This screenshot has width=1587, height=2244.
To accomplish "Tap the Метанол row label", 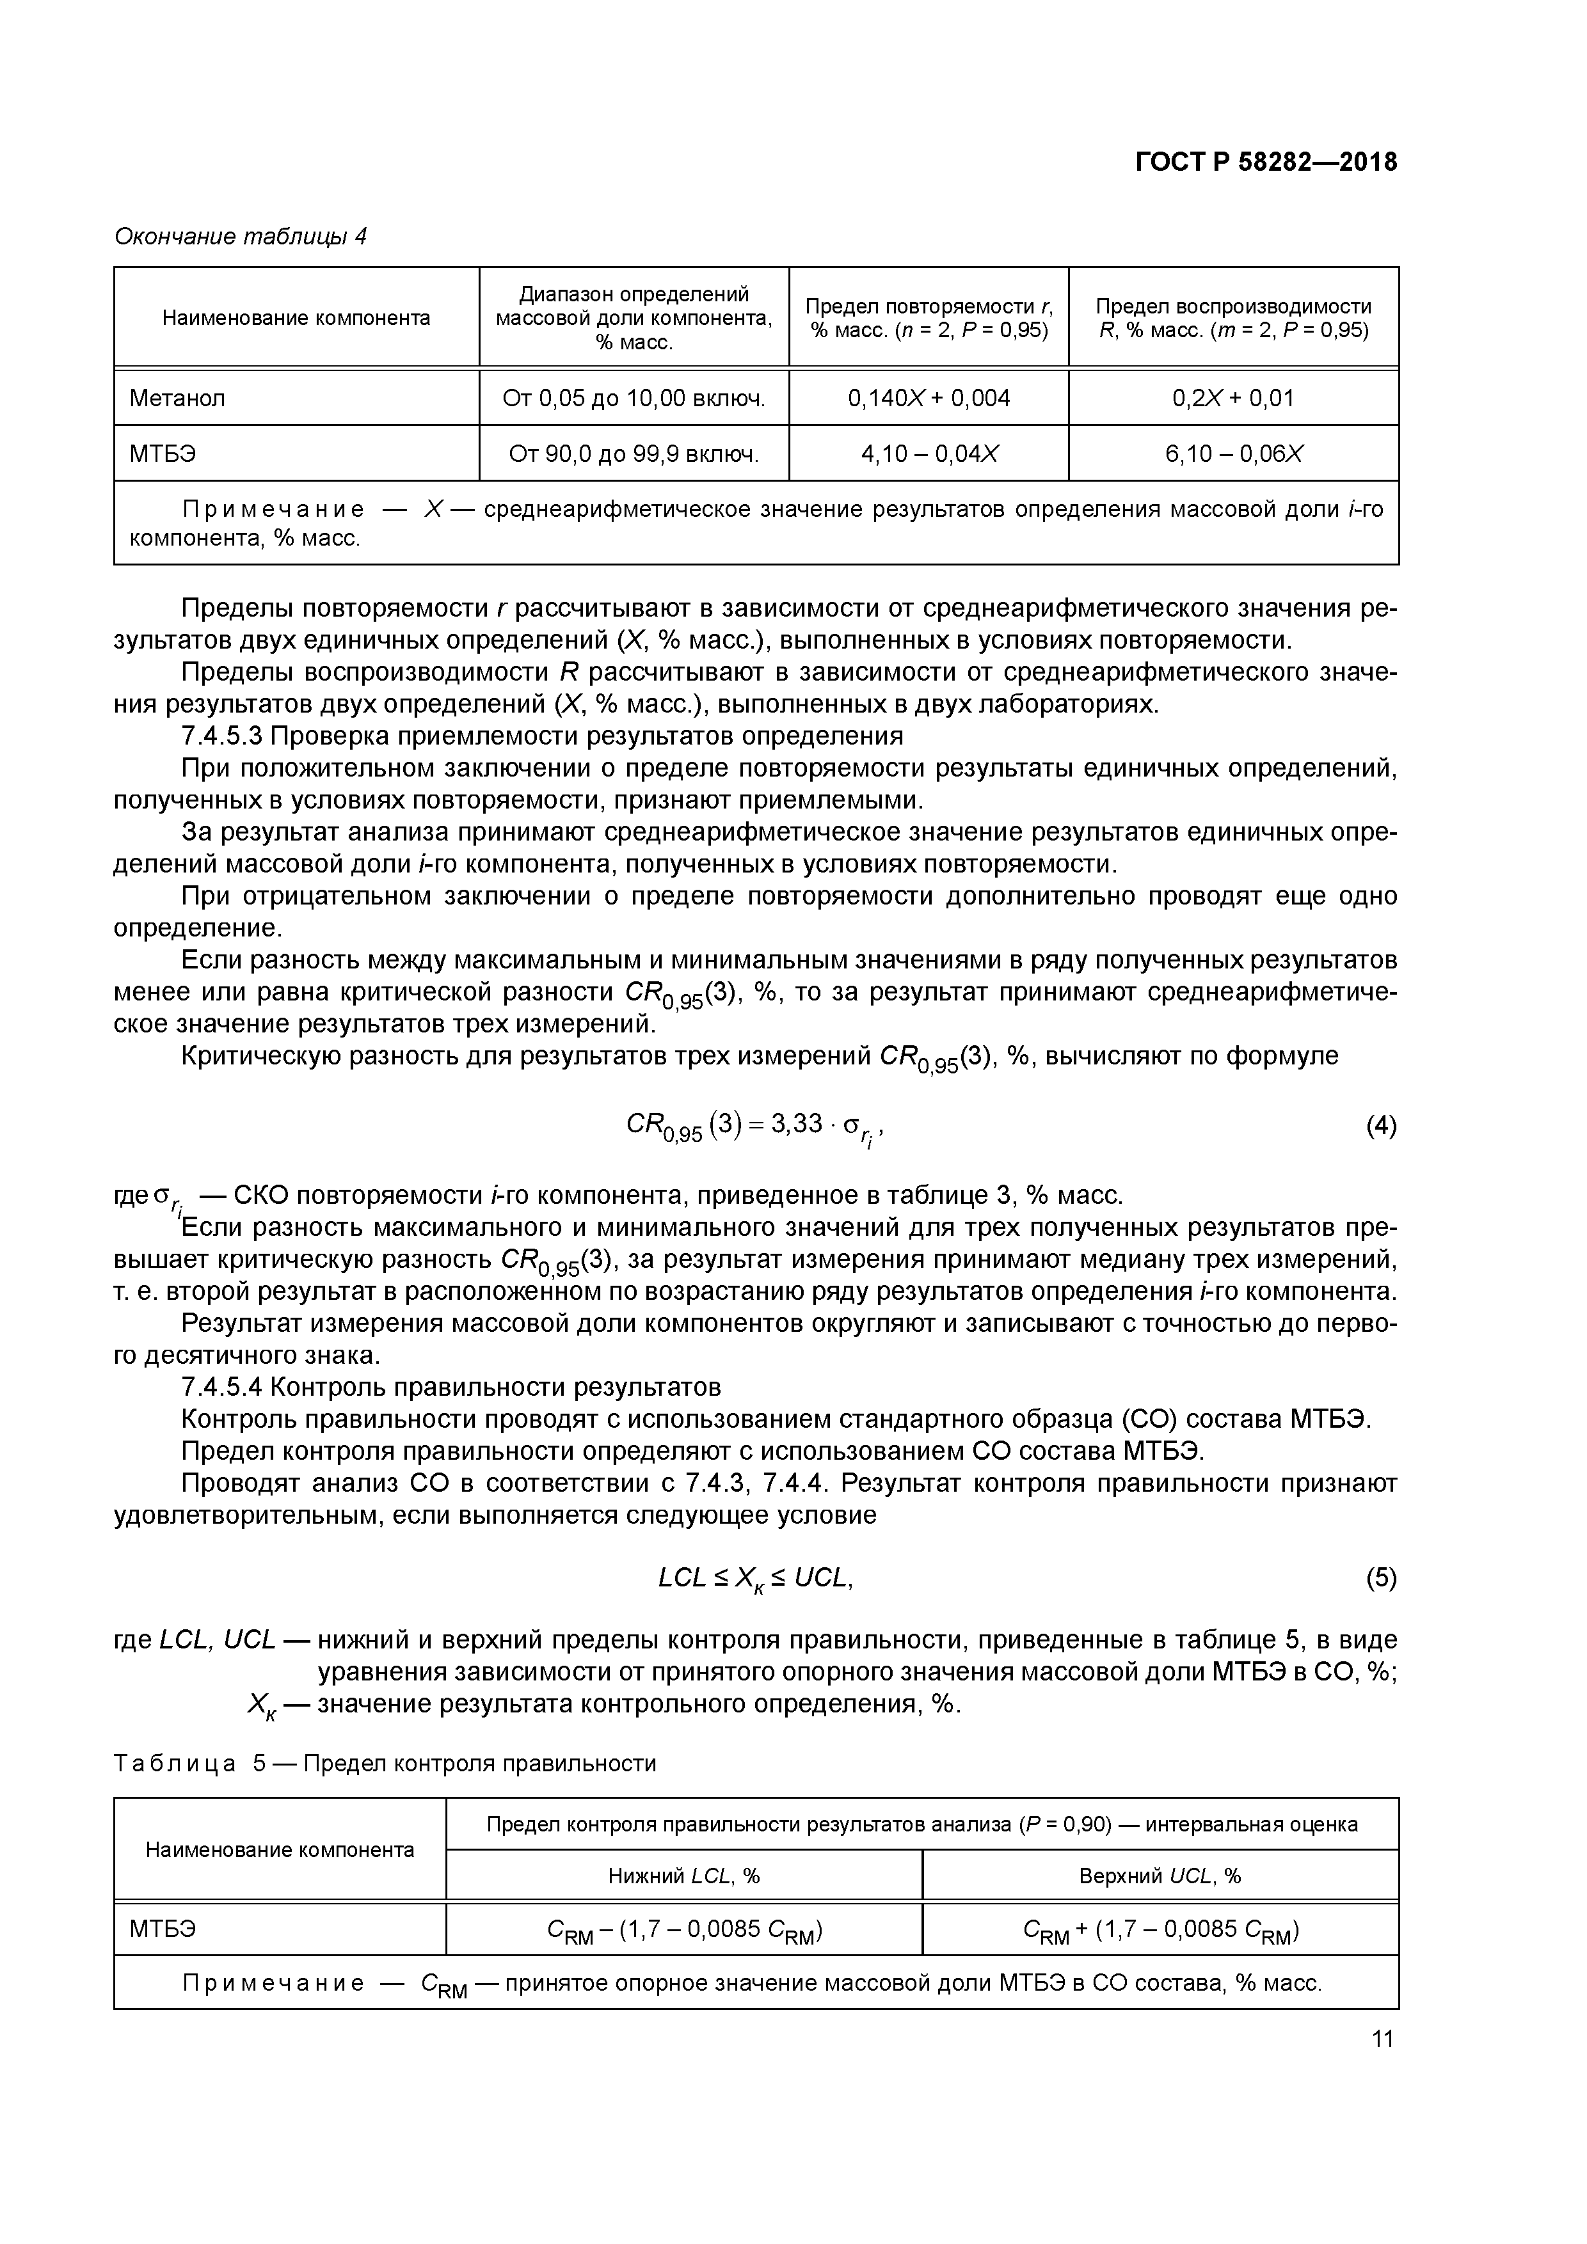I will pos(177,398).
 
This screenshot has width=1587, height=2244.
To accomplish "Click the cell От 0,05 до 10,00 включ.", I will pos(633,398).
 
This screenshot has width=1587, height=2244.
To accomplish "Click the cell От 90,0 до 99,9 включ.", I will pos(633,454).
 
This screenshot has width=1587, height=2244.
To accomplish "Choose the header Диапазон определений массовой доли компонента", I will pos(633,318).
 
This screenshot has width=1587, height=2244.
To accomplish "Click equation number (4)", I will pos(1381,1127).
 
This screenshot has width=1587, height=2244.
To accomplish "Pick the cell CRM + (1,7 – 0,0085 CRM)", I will pos(1160,1931).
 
